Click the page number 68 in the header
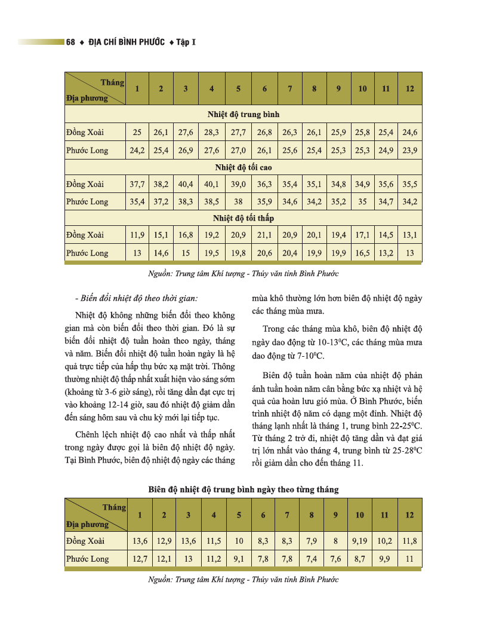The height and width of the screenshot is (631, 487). pos(71,42)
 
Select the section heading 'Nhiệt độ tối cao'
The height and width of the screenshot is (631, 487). pos(243,167)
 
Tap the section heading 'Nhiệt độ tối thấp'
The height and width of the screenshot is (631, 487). pos(243,219)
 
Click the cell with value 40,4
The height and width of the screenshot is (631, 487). pos(186,184)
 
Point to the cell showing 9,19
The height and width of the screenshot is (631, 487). pos(359,541)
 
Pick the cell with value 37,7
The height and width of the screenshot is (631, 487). pos(137,184)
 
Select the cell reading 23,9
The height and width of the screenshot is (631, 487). pos(409,150)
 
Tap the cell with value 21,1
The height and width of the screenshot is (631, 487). pos(264,235)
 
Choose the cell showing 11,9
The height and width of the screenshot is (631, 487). pos(137,235)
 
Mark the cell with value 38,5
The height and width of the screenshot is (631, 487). pos(211,201)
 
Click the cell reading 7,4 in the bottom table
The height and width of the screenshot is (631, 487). pos(311,559)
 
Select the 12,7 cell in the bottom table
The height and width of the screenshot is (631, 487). pos(140,559)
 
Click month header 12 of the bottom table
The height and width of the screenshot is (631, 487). pos(409,515)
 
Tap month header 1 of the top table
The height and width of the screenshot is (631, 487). pos(137,89)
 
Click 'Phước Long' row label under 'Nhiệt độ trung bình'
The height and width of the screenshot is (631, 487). pos(87,150)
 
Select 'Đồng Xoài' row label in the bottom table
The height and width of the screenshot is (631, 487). pos(85,541)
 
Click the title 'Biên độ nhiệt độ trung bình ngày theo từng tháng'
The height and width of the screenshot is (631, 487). pos(243,489)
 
